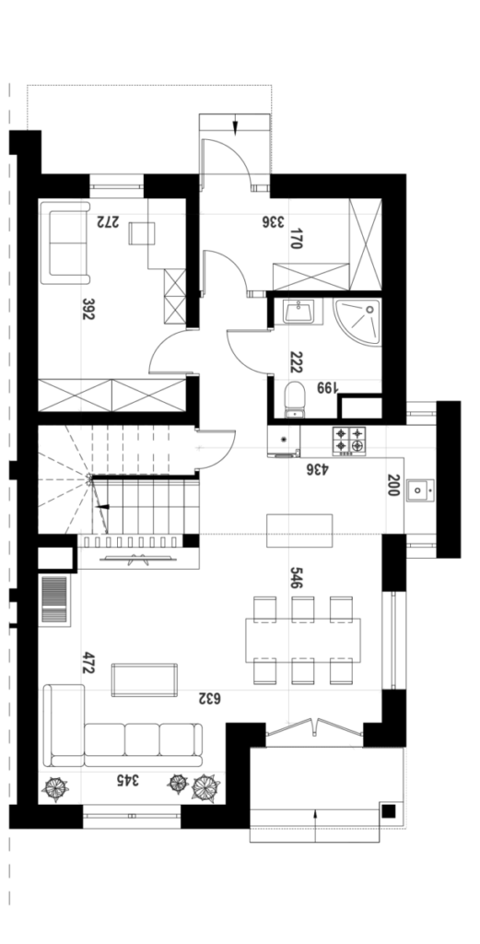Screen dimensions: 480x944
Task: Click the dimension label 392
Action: [88, 308]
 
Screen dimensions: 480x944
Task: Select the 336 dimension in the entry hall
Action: [273, 221]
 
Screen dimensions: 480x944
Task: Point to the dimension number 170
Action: [296, 239]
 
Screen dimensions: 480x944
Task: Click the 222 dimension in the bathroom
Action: [296, 362]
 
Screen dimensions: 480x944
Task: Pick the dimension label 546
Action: [296, 577]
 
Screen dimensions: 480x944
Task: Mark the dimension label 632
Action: [210, 699]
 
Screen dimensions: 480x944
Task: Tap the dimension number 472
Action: [88, 662]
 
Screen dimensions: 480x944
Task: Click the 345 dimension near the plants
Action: [127, 780]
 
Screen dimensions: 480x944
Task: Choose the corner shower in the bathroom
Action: [357, 322]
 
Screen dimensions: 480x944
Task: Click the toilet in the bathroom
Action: [295, 399]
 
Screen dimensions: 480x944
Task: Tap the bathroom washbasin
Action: [298, 312]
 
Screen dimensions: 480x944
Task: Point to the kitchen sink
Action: [420, 490]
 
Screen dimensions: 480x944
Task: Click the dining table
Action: [302, 640]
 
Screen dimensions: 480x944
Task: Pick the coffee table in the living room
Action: [145, 679]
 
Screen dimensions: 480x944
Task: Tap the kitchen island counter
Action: [299, 530]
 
